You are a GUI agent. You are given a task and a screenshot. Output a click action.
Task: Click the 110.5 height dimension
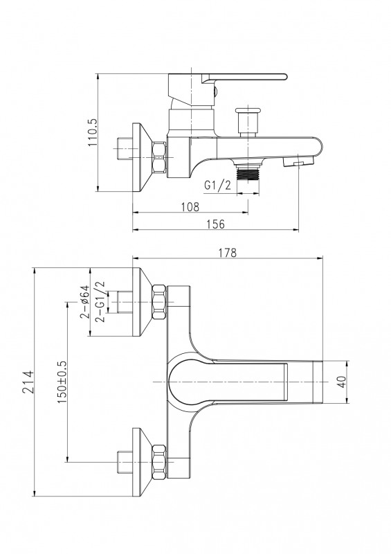click(x=93, y=133)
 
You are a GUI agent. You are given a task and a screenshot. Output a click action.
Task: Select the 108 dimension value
click(x=190, y=206)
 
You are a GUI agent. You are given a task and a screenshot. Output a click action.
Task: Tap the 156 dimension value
click(x=215, y=224)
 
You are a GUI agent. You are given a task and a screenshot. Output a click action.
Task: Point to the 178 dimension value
click(x=228, y=253)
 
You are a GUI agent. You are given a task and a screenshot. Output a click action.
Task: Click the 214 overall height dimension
click(x=28, y=382)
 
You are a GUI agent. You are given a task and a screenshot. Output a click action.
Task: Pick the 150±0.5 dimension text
click(x=61, y=382)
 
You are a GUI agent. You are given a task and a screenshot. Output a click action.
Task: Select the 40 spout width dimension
click(x=342, y=382)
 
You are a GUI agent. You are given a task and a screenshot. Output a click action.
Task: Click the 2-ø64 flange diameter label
click(x=84, y=302)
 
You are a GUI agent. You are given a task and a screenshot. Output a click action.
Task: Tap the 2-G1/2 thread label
click(x=100, y=301)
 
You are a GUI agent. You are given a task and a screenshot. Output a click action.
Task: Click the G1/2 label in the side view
click(x=217, y=185)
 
